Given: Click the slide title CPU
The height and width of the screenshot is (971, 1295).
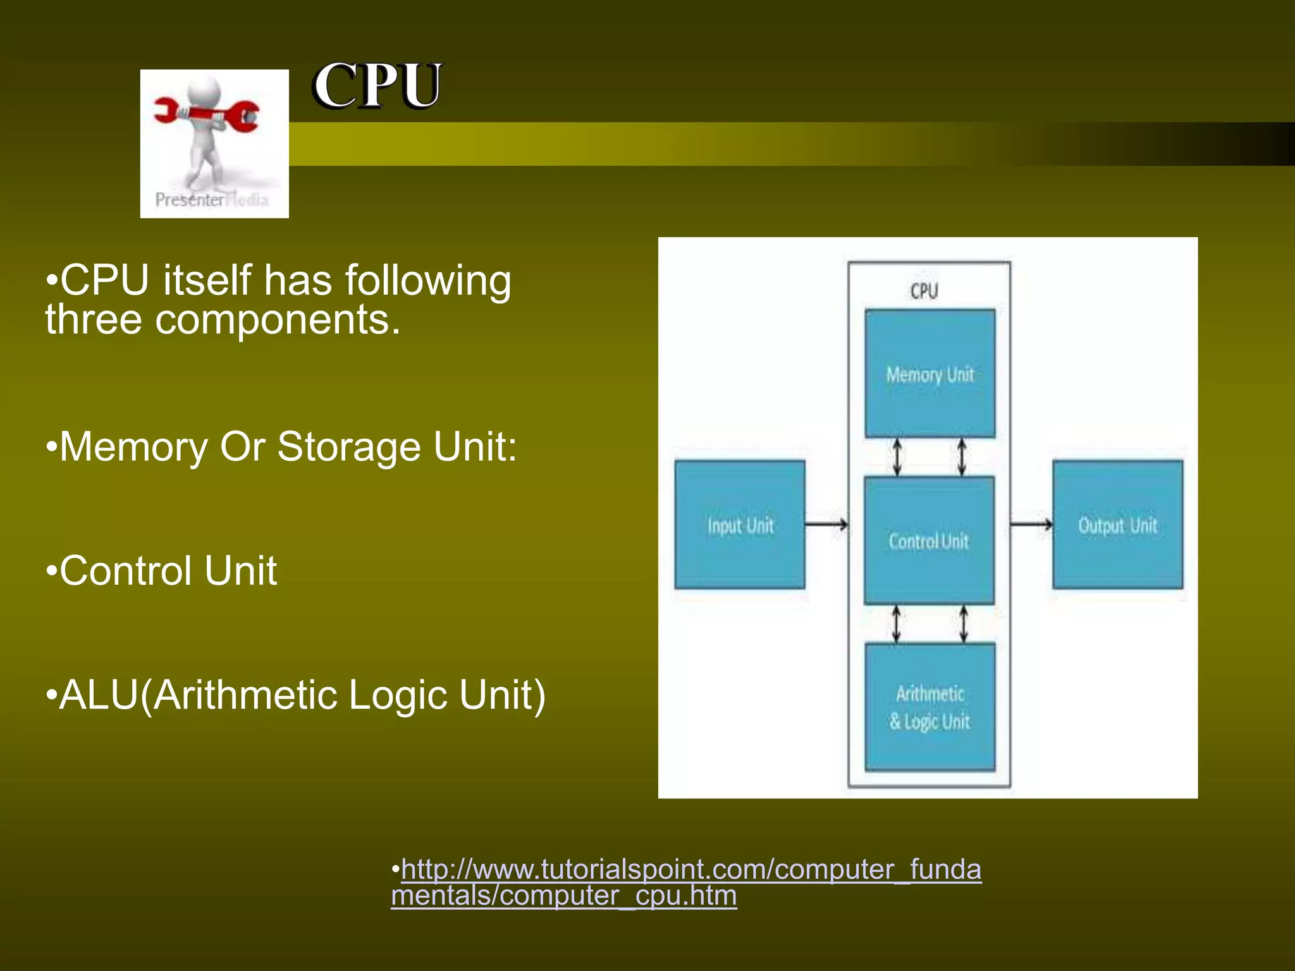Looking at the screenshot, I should [x=377, y=86].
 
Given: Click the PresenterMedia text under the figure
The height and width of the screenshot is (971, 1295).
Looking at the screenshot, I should [x=212, y=200].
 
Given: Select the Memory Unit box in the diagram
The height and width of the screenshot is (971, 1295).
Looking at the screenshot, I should [x=930, y=374].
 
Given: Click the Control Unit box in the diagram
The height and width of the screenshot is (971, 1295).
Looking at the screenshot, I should [x=929, y=540].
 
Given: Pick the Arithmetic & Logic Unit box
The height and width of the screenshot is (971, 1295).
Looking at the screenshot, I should [x=930, y=707].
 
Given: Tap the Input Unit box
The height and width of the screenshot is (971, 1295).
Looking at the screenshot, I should [x=740, y=525].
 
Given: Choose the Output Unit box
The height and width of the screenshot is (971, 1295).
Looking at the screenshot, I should [x=1117, y=525].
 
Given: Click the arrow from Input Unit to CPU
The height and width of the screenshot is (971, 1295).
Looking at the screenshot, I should [x=826, y=524].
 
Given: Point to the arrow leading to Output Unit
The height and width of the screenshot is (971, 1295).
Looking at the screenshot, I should [x=1031, y=524].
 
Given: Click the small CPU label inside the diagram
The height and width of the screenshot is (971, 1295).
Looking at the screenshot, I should [x=924, y=291].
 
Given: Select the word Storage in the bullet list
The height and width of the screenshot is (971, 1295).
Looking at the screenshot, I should [x=349, y=447].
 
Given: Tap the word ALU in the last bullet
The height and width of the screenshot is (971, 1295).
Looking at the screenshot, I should [x=99, y=695].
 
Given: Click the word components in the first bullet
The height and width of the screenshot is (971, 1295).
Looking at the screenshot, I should [x=278, y=320].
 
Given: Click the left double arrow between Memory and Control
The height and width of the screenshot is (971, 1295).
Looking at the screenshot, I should [x=897, y=457].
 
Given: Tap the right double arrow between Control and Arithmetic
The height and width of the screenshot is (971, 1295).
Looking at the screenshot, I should [x=963, y=624].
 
